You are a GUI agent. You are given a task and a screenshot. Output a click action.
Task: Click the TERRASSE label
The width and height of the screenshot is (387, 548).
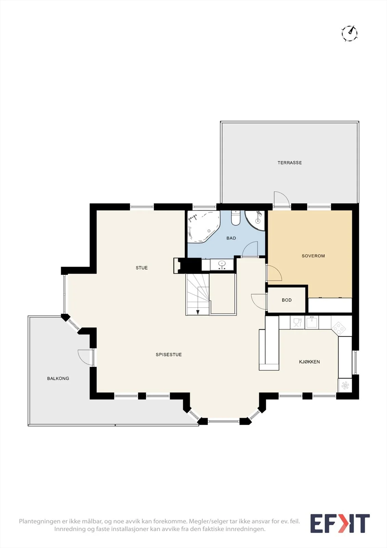coord(289,163)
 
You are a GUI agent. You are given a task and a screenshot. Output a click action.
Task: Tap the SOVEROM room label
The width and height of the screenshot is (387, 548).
coord(313,256)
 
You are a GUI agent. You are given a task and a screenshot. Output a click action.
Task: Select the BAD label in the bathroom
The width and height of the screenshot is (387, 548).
coord(231,238)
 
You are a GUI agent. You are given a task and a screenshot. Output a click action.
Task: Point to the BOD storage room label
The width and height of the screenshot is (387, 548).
coord(287,300)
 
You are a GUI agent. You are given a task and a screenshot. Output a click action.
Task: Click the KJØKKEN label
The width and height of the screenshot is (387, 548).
coord(309,362)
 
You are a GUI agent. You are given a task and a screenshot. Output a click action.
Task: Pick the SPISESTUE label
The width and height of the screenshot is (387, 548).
coord(169,354)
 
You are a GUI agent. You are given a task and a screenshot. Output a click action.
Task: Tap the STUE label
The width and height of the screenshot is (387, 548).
coord(142,268)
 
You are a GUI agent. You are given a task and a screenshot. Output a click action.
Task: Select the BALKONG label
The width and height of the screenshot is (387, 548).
coord(58,378)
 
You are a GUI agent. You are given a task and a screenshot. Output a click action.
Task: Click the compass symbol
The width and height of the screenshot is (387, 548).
coord(350,33)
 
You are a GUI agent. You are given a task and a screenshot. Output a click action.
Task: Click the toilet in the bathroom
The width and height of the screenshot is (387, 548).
coord(236,218)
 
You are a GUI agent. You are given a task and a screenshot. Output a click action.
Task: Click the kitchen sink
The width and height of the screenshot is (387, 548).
coord(311,322)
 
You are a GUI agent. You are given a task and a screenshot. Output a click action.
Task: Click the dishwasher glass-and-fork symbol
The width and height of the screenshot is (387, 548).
coord(297,322)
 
